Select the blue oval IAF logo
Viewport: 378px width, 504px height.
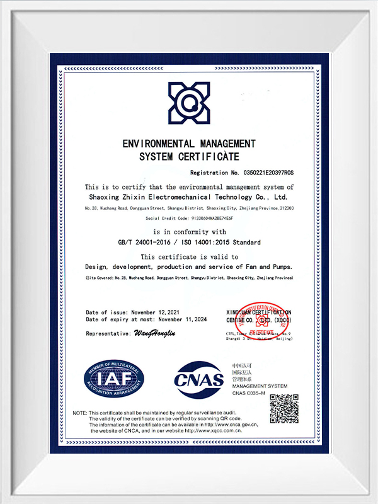[x=114, y=379]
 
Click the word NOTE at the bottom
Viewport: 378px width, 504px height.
[x=79, y=413]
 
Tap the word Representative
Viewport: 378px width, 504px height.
[x=108, y=333]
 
